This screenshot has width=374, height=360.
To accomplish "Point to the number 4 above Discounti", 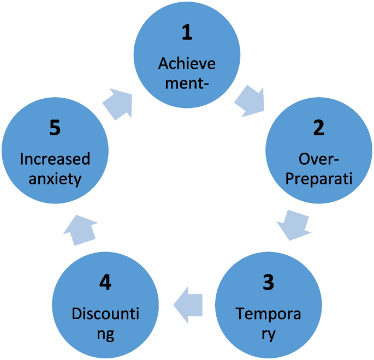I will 106,283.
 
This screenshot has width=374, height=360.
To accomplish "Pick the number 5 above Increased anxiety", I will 55,128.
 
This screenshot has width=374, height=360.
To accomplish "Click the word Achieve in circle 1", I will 187,63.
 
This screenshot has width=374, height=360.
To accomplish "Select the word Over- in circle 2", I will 319,159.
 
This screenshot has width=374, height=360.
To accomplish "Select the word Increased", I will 55,159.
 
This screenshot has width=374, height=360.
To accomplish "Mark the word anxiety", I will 55,179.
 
